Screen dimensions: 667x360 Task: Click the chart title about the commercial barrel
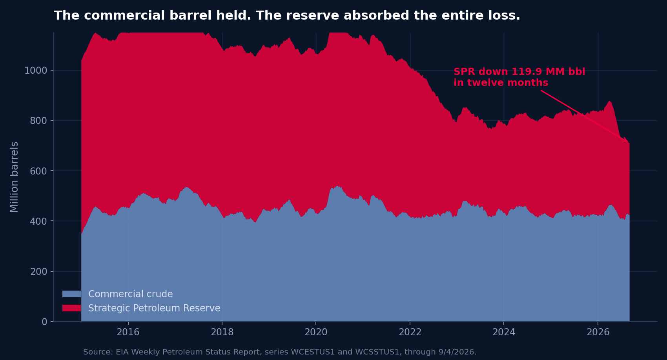click(x=287, y=15)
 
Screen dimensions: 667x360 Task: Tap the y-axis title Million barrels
click(x=14, y=177)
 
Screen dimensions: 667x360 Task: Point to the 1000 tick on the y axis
click(x=36, y=71)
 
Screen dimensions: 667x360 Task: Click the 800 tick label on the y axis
click(x=38, y=120)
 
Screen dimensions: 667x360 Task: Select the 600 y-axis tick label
click(x=38, y=171)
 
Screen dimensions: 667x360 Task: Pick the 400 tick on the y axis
click(x=38, y=221)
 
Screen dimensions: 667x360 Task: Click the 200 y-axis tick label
click(x=38, y=271)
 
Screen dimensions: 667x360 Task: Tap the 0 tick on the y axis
click(x=44, y=322)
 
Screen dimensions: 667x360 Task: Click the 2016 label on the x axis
click(x=128, y=332)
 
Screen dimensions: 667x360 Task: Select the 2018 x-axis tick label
click(x=222, y=332)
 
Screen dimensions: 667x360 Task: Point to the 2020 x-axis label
click(x=316, y=332)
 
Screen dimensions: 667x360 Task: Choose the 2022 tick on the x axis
click(x=410, y=332)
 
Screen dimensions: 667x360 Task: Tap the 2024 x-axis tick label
click(x=504, y=332)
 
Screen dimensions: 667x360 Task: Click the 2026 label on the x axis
click(x=598, y=332)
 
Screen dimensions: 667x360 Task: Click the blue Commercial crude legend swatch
click(x=71, y=294)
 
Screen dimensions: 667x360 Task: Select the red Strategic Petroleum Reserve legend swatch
click(x=71, y=308)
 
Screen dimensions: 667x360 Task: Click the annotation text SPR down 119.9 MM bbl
click(x=519, y=72)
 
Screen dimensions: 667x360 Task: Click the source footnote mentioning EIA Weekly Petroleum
click(x=280, y=352)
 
